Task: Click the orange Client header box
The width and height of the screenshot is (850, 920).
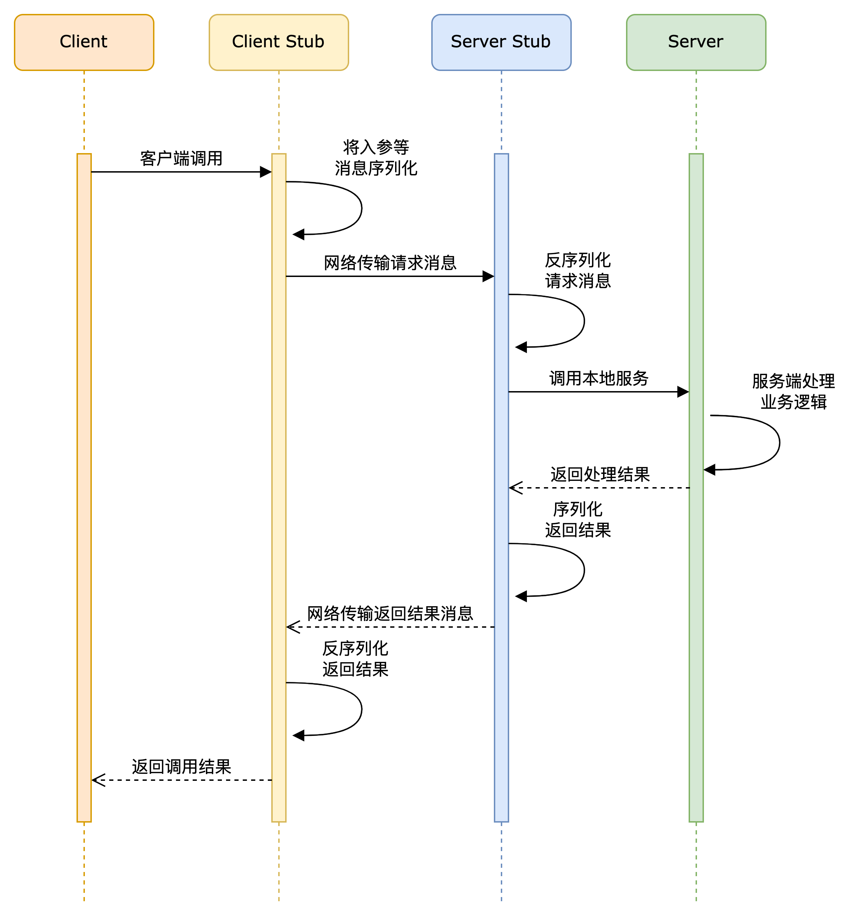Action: [x=84, y=42]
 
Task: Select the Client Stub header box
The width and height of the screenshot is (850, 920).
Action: [x=279, y=42]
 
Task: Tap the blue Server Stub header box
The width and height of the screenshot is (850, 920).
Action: [x=502, y=42]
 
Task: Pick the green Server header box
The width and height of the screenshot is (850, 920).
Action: [x=696, y=42]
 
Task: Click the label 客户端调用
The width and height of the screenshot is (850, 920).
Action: [x=181, y=158]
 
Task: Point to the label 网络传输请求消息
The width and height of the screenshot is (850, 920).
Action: [x=390, y=263]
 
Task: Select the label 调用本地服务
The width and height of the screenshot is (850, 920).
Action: [x=599, y=378]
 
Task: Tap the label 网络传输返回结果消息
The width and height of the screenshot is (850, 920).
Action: [x=390, y=613]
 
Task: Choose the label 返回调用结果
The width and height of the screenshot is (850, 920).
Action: [x=181, y=767]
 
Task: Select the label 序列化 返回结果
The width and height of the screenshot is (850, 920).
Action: [x=578, y=520]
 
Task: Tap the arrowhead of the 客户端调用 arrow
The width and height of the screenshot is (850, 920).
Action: [x=266, y=172]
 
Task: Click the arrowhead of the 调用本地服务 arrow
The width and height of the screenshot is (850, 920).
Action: [x=683, y=392]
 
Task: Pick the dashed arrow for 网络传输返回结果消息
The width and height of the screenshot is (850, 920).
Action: [x=390, y=627]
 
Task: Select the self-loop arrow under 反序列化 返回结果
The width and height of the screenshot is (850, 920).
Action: [x=361, y=709]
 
